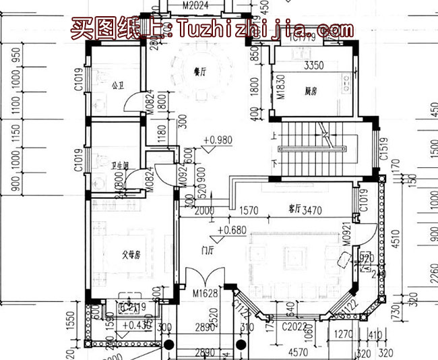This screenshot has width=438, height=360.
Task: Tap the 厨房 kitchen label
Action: pyautogui.click(x=310, y=90)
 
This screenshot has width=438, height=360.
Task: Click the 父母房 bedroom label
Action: pyautogui.click(x=131, y=255)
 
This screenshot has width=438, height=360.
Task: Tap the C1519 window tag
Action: pyautogui.click(x=383, y=156)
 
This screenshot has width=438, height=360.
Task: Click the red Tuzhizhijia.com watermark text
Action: pyautogui.click(x=209, y=28)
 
